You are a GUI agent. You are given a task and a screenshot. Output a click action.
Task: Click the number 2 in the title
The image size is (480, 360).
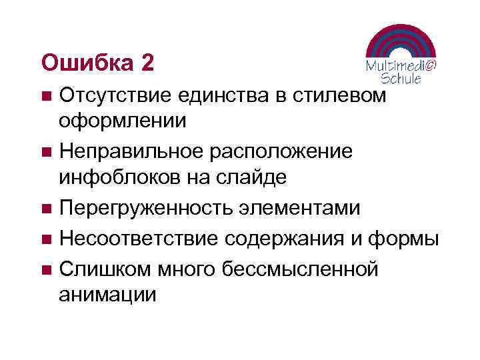click(147, 63)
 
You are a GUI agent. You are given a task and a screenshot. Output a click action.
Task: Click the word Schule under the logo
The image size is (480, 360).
click(400, 78)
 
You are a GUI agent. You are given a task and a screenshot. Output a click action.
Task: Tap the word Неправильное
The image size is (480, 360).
click(131, 151)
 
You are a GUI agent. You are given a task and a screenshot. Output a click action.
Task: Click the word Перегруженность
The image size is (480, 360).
click(146, 208)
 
